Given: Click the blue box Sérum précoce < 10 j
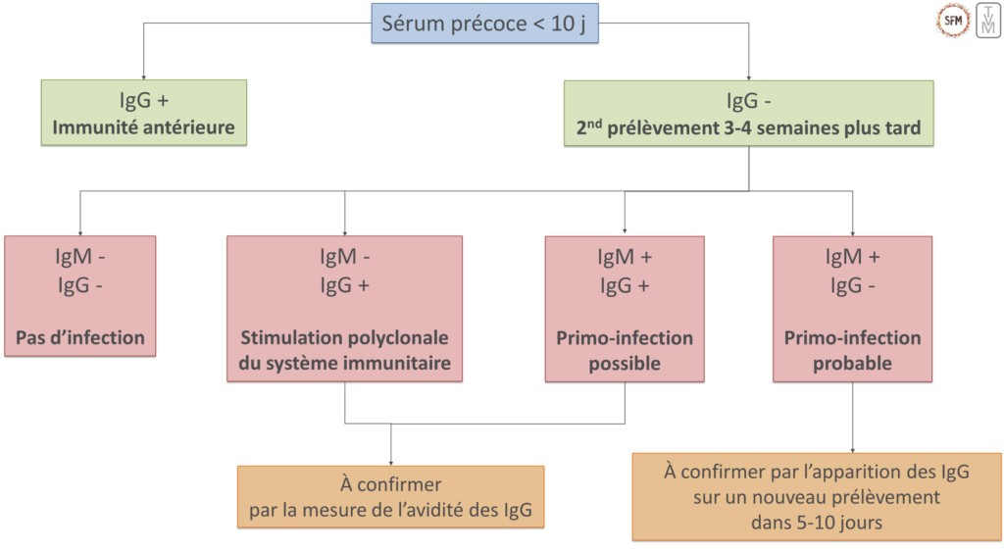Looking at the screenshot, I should tap(484, 23).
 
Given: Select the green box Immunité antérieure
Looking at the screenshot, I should tap(143, 113).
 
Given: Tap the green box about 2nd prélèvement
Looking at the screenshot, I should tap(748, 113).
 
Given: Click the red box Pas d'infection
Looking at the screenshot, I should tap(79, 295).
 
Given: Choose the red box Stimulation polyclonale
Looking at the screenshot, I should tap(344, 308).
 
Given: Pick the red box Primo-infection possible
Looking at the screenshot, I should tap(625, 308).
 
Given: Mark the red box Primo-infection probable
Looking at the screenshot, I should tap(852, 308).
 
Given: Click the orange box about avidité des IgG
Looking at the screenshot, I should tap(390, 496).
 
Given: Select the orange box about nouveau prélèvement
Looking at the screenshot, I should tap(817, 496).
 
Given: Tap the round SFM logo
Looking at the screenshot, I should tap(953, 19).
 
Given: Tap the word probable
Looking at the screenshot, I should tap(852, 364).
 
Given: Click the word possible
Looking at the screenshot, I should tap(625, 364).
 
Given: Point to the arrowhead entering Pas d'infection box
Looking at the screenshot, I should tap(79, 231).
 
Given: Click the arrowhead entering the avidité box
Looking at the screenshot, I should tap(390, 461).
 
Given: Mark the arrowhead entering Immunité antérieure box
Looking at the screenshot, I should tap(143, 75).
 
